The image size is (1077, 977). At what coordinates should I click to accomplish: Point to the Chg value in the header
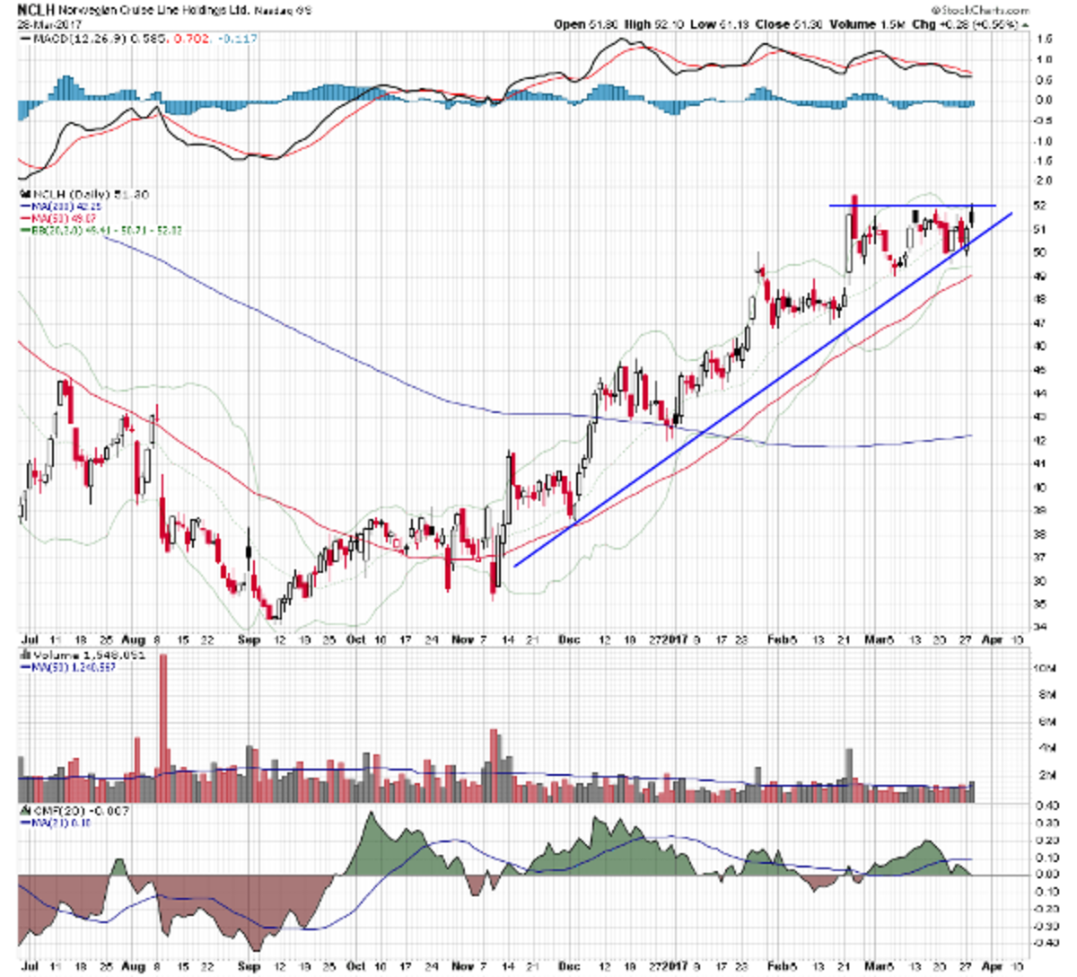987,24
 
